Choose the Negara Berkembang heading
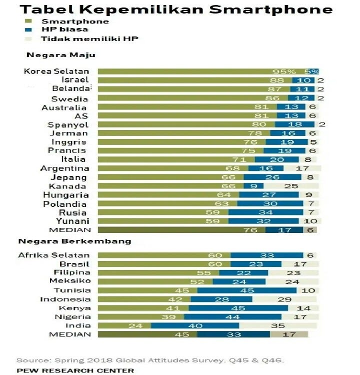tap(74, 241)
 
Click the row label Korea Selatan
tap(56, 71)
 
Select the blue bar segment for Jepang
tap(272, 177)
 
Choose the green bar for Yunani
tap(162, 221)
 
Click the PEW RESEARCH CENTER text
tap(75, 370)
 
